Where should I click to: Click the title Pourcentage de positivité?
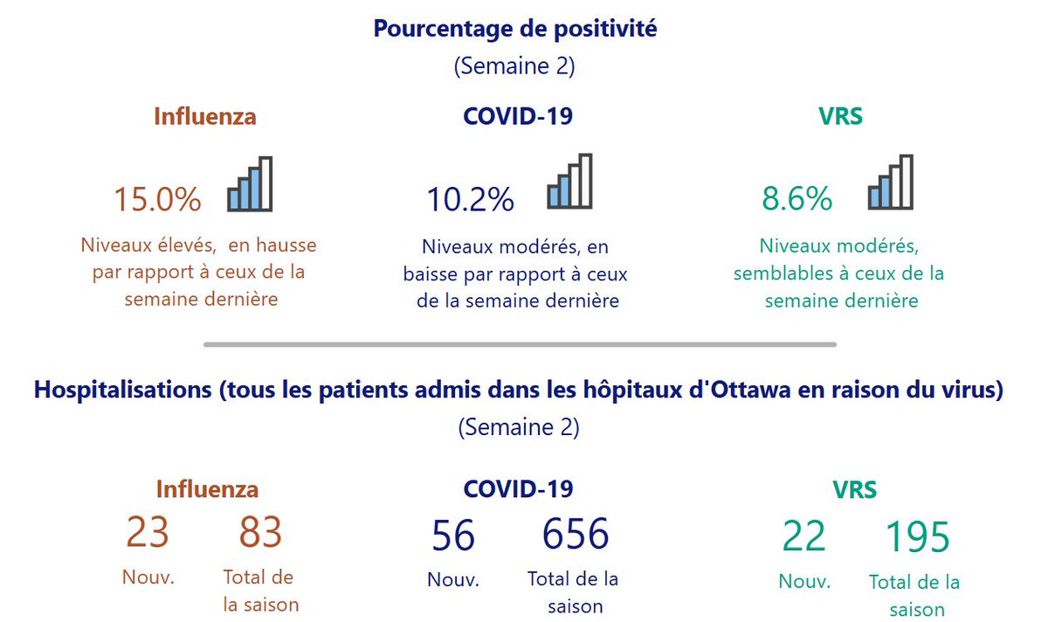pos(515,29)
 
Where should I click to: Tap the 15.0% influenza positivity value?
pos(158,200)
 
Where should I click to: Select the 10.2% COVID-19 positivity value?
pos(470,200)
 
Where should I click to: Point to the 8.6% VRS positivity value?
pos(796,199)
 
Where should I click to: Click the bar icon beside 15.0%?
pos(250,184)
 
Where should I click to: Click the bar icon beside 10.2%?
pos(570,182)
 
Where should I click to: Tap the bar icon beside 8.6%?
pos(890,183)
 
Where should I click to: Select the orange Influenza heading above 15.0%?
pos(205,117)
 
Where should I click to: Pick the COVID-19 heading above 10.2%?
pos(518,117)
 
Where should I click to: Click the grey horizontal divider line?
pos(520,344)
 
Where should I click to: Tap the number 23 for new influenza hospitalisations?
pos(148,532)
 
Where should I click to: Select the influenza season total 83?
pos(260,532)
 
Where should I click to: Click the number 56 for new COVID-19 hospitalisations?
pos(453,536)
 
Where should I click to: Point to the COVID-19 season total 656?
pos(576,534)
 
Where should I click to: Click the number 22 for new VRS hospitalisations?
pos(803,536)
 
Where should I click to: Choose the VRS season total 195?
pos(917,536)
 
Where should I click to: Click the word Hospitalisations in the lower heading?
pos(113,390)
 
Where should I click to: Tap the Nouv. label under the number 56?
pos(453,579)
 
